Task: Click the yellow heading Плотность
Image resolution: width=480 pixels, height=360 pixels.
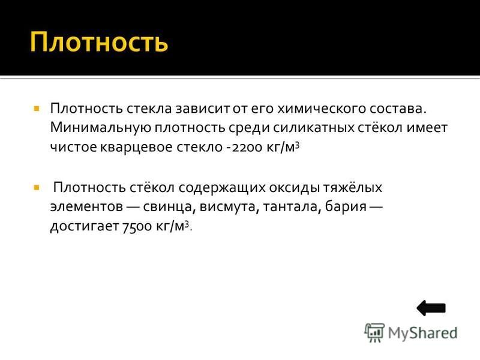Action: pyautogui.click(x=99, y=42)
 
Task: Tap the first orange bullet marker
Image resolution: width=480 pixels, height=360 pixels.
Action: pyautogui.click(x=37, y=109)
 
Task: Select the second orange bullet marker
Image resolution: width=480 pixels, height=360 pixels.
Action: pyautogui.click(x=37, y=187)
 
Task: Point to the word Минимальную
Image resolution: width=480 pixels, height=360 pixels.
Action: pyautogui.click(x=100, y=128)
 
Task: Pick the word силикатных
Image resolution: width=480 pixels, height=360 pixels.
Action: pyautogui.click(x=313, y=128)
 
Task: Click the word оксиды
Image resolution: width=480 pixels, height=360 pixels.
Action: pyautogui.click(x=294, y=187)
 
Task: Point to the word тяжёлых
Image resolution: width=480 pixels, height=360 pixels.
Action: pyautogui.click(x=353, y=187)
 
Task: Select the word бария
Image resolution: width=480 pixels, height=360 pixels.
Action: pyautogui.click(x=346, y=207)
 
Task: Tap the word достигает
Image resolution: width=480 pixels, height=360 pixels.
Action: pyautogui.click(x=84, y=227)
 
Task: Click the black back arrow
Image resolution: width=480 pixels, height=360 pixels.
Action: pyautogui.click(x=431, y=308)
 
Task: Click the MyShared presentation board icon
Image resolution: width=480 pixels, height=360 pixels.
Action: pyautogui.click(x=374, y=332)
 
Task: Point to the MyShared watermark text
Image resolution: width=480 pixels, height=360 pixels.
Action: pyautogui.click(x=422, y=333)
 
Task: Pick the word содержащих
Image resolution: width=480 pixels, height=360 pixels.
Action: pyautogui.click(x=222, y=187)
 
